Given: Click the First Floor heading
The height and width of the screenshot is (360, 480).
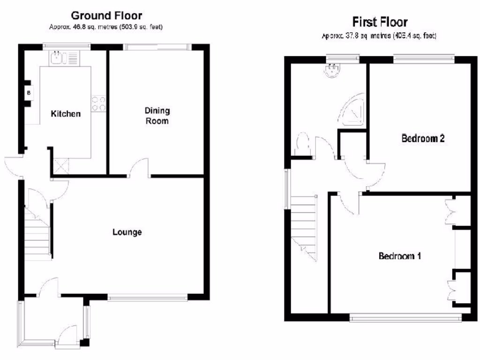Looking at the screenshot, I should coord(380,22).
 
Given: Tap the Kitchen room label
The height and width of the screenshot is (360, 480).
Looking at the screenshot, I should coord(66,114).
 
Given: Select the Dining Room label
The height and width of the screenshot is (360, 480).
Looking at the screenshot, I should coord(157,116).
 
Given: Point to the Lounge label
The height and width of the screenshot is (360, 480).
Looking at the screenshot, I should coord(127,232).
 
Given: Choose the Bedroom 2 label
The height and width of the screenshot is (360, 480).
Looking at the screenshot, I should coord(423,139).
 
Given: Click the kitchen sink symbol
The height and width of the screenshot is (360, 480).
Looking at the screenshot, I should coord(58,58).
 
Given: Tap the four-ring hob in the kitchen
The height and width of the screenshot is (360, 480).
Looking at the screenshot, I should coord(98,104).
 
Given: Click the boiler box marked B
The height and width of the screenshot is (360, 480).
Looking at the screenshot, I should coord(29,92).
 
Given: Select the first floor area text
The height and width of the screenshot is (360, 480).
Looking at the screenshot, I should coord(379,36).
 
